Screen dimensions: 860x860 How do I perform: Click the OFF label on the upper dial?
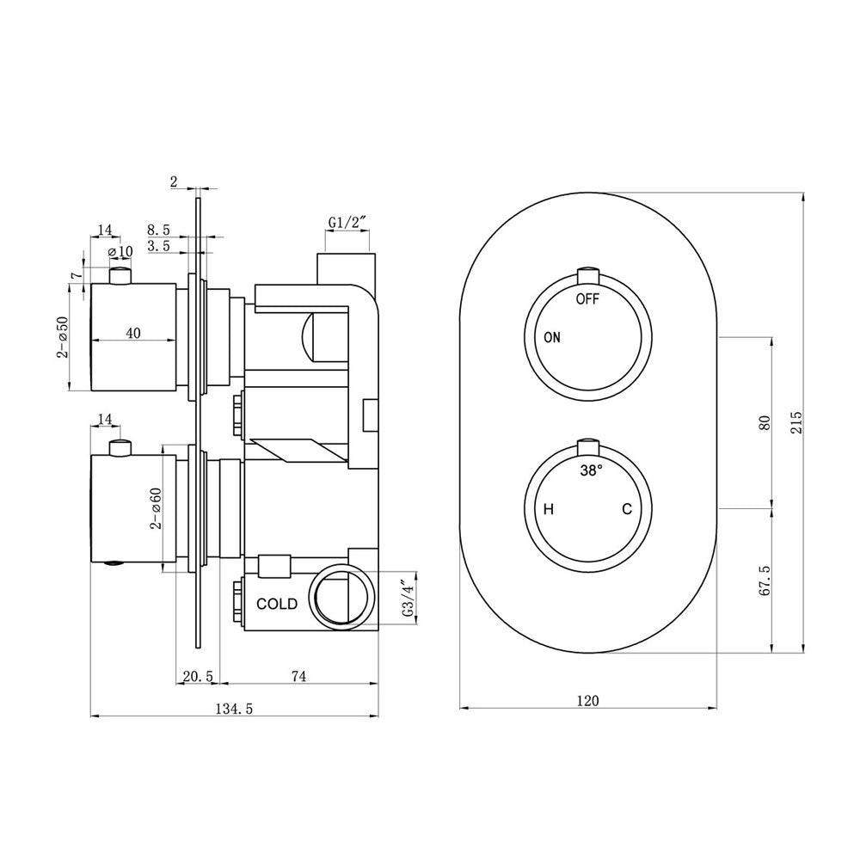coord(587,299)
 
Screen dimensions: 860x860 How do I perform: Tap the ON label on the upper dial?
coord(552,337)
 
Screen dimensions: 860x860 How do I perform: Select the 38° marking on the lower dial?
coord(592,470)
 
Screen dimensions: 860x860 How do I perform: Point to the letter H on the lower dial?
coord(549,509)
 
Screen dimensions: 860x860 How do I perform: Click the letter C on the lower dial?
coord(627,509)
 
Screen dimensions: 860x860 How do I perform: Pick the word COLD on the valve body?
coord(277,604)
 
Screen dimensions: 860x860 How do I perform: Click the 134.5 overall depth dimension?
coord(234,709)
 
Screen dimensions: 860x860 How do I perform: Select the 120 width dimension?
coord(588,700)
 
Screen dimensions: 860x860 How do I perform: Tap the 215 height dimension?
coord(796,423)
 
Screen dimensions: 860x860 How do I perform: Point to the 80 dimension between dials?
coord(765,423)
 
